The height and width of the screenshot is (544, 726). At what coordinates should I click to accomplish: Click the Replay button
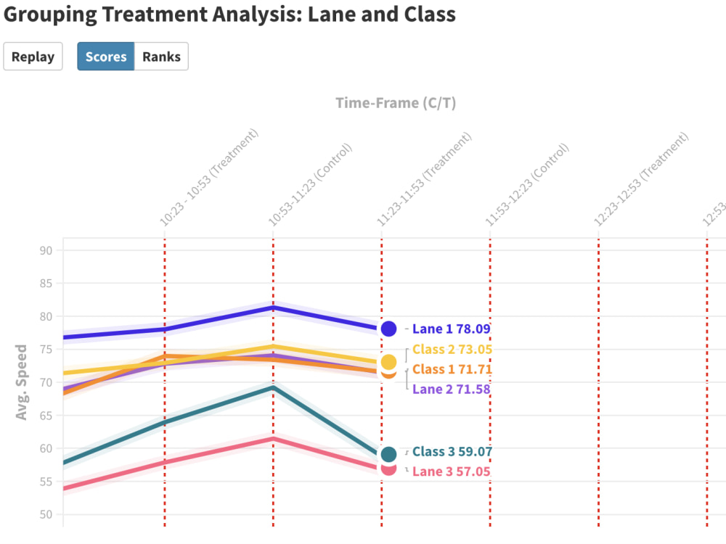pyautogui.click(x=33, y=57)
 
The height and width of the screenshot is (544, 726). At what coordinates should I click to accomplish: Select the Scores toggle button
pyautogui.click(x=106, y=57)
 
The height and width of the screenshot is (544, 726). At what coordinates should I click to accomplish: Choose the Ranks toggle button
pyautogui.click(x=161, y=57)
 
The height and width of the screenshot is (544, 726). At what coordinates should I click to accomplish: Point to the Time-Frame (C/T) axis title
pyautogui.click(x=396, y=103)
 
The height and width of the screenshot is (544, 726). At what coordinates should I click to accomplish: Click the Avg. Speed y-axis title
pyautogui.click(x=22, y=382)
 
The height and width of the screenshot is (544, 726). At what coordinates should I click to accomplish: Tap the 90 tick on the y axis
pyautogui.click(x=47, y=251)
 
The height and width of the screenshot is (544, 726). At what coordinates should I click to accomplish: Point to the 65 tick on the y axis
pyautogui.click(x=47, y=416)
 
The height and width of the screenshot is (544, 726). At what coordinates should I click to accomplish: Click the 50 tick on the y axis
pyautogui.click(x=47, y=515)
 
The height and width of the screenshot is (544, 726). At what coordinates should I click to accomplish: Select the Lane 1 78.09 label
pyautogui.click(x=451, y=329)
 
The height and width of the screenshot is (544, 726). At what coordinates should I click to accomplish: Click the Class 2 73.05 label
pyautogui.click(x=452, y=350)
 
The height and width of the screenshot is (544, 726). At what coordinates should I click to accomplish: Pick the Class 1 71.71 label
pyautogui.click(x=452, y=369)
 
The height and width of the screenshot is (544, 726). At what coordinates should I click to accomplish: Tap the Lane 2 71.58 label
pyautogui.click(x=451, y=390)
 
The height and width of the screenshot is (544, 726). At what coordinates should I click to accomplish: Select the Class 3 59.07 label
pyautogui.click(x=452, y=452)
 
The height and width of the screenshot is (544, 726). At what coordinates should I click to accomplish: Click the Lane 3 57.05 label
pyautogui.click(x=451, y=472)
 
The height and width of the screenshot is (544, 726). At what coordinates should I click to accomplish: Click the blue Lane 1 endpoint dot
pyautogui.click(x=388, y=329)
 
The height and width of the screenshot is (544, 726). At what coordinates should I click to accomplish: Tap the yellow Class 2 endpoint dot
pyautogui.click(x=388, y=362)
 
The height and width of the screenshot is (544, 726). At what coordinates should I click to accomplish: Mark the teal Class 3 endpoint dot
pyautogui.click(x=388, y=455)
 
